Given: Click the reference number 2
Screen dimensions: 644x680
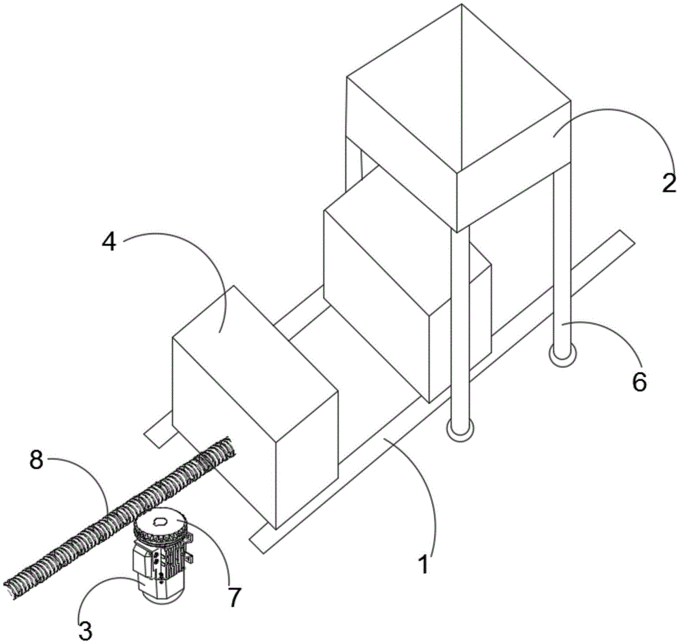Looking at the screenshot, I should [668, 183].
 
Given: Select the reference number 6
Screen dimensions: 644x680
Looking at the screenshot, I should [639, 382].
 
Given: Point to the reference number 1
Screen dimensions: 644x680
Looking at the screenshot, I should [423, 564].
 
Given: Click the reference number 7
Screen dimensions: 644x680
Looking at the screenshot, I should [235, 597].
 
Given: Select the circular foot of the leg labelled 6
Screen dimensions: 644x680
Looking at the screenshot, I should [561, 355].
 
